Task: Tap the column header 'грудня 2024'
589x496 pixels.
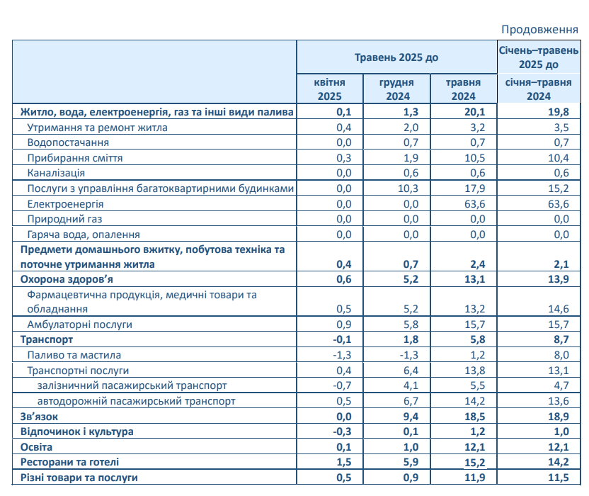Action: click(x=396, y=89)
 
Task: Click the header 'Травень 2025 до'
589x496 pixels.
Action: click(x=396, y=57)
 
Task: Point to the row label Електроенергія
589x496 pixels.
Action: click(x=65, y=203)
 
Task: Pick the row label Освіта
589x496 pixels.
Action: click(x=37, y=447)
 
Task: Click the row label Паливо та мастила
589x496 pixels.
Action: click(x=74, y=355)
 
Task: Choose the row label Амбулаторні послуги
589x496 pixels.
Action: click(x=79, y=324)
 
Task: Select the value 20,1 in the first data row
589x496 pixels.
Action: click(x=474, y=112)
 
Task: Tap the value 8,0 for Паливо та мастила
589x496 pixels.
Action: click(x=561, y=355)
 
